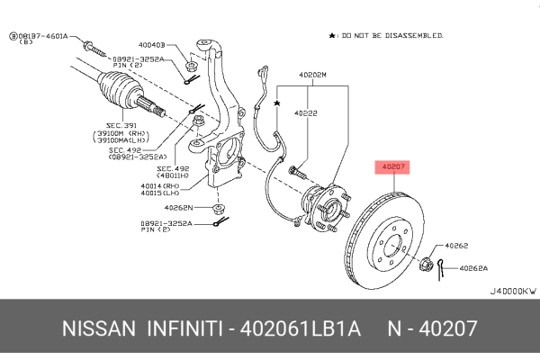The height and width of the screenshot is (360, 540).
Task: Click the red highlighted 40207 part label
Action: (392, 167)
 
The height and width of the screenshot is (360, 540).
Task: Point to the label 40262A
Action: (474, 268)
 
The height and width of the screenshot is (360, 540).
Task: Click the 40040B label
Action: (151, 43)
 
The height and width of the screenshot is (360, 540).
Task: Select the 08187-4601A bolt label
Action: (42, 36)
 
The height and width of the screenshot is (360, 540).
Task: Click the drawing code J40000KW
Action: (512, 292)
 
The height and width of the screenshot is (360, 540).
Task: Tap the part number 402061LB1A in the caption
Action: (301, 329)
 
